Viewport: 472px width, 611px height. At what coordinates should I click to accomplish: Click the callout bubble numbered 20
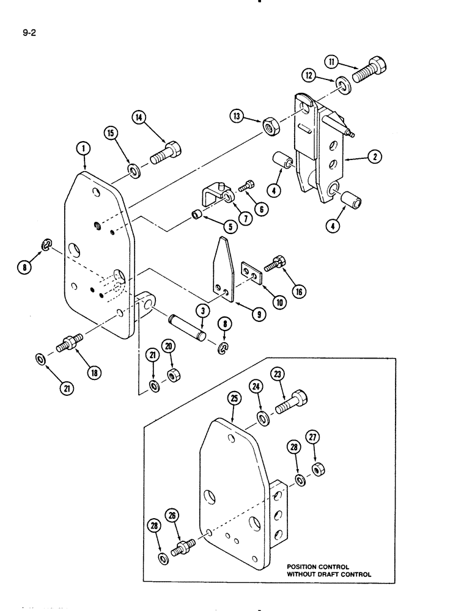(169, 346)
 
